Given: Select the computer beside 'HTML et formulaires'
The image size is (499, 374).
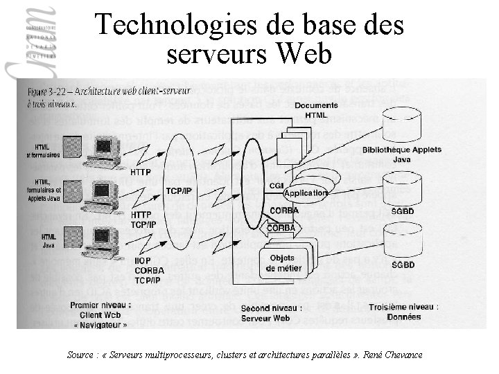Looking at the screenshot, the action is pos(102,152).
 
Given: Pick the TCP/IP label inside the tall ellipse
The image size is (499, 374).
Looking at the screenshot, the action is pos(178,190).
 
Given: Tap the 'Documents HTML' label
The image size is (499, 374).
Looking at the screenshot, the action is pos(316,109).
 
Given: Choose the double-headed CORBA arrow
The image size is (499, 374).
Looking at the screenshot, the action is pos(281,227).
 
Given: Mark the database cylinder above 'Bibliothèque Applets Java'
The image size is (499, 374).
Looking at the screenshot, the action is pos(405,123).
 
